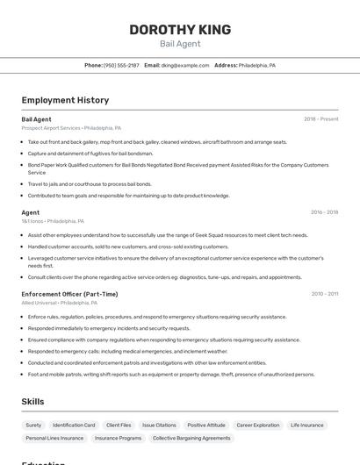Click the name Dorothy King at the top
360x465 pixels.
pos(180,30)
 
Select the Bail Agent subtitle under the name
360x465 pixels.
pos(180,44)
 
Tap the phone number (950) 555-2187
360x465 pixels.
pos(121,65)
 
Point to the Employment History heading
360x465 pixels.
pos(65,100)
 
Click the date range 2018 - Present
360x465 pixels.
pos(320,119)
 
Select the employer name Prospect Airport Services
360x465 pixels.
pos(50,128)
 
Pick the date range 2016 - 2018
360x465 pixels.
pos(324,212)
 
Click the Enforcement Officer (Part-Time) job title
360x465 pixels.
pos(69,294)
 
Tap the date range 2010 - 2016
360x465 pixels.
pos(324,294)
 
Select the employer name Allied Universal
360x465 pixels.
pos(40,303)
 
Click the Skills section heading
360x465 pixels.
pos(33,402)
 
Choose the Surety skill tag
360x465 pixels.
pos(33,425)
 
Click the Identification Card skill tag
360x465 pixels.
pos(73,425)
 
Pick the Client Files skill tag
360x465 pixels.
pos(119,425)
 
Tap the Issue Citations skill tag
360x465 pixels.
pos(159,425)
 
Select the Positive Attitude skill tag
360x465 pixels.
pos(206,425)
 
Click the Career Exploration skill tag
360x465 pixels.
pos(258,425)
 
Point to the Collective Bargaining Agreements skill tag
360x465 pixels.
pos(191,438)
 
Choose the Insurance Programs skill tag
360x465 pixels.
pos(118,438)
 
